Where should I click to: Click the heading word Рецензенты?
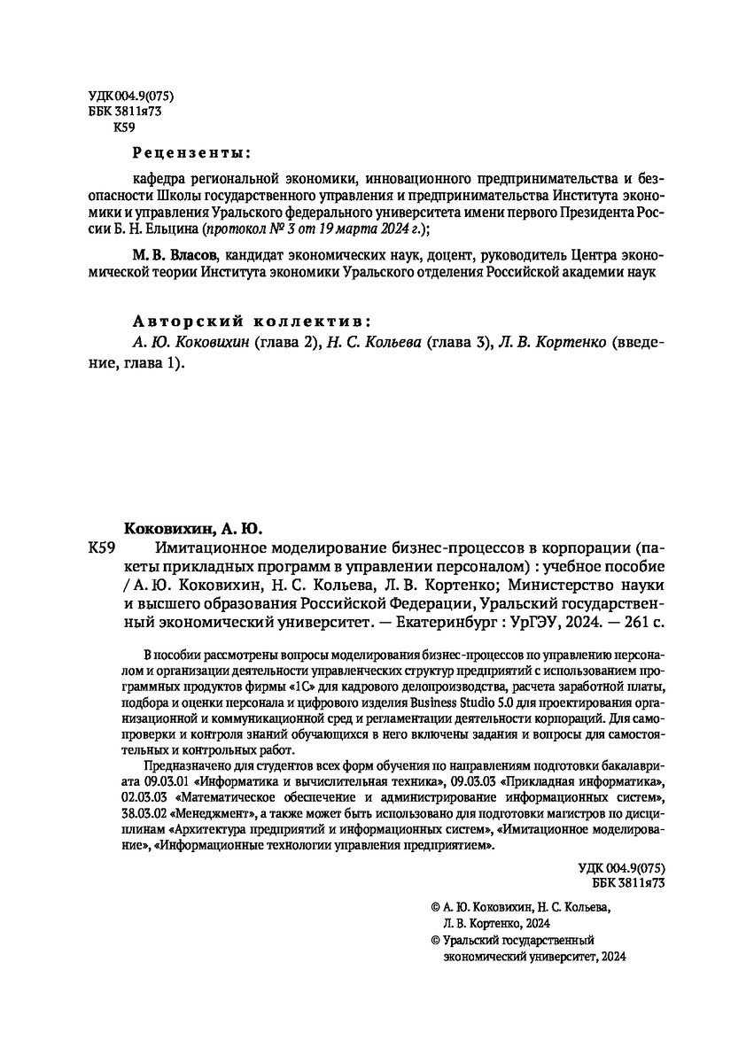(x=190, y=151)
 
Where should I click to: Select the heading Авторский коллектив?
(x=251, y=320)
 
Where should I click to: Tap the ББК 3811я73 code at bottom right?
(x=628, y=883)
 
